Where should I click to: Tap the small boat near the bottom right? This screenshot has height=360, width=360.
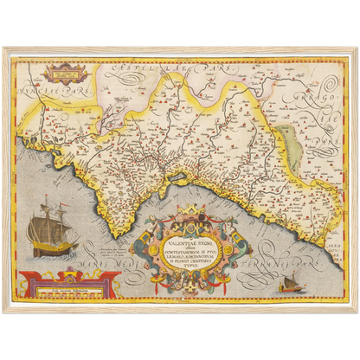[288, 282]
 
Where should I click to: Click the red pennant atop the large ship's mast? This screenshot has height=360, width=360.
[43, 201]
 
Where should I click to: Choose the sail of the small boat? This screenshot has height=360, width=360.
[289, 278]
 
